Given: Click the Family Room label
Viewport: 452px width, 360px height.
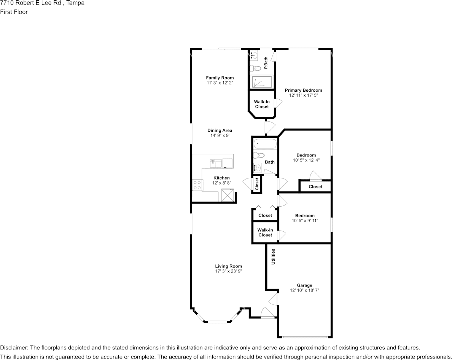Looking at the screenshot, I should [x=220, y=78].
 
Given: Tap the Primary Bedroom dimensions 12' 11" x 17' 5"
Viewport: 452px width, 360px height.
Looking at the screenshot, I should [x=303, y=96].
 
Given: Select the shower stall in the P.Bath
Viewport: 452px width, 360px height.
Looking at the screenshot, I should [x=261, y=81].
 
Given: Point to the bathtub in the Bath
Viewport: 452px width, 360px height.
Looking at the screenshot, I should [x=265, y=144].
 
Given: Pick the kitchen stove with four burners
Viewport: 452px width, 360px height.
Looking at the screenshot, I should [x=197, y=185].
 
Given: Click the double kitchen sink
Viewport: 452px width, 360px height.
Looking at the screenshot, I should [x=216, y=163].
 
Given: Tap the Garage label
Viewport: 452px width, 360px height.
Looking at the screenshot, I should [x=304, y=285].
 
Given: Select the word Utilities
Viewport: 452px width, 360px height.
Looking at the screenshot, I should [x=273, y=256].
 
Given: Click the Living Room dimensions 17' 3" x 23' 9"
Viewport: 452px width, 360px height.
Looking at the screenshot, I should [x=228, y=271].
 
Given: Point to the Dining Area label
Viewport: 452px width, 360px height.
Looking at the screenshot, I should [x=220, y=131].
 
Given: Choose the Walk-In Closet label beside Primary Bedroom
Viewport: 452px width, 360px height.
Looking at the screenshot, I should [x=262, y=104].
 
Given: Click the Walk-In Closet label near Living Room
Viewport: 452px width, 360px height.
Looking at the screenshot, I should [x=265, y=233].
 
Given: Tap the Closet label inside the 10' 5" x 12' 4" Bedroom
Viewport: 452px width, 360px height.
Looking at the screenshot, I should [x=315, y=186].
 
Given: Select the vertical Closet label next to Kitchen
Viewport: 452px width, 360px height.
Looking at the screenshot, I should [x=257, y=184].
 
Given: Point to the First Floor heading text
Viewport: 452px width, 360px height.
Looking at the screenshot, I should [x=14, y=12].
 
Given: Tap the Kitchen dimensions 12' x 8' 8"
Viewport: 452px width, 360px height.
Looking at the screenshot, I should [x=221, y=183].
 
